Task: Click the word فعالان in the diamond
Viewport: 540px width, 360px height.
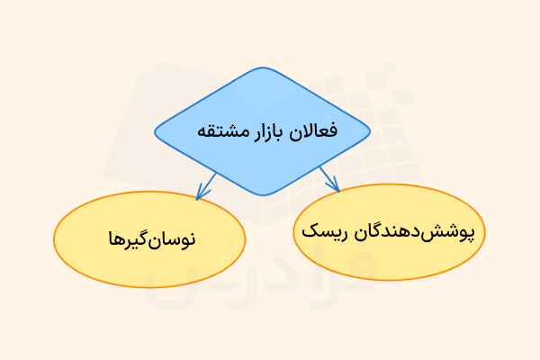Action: (319, 131)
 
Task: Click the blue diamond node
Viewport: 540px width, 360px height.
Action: (262, 131)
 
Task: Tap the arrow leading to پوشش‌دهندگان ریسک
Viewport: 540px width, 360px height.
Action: (329, 177)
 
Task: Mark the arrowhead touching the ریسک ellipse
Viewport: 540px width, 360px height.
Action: (337, 187)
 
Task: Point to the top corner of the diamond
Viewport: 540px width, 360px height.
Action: (262, 69)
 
